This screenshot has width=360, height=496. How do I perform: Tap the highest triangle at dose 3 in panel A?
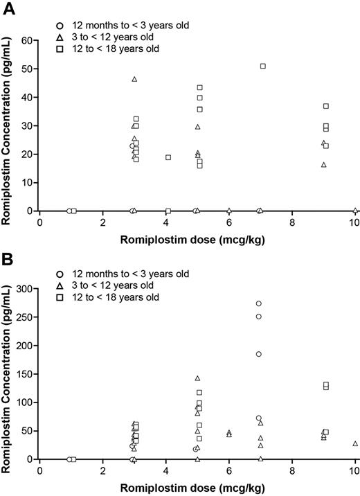coord(134,79)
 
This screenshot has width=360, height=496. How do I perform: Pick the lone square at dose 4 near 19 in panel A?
coord(168,157)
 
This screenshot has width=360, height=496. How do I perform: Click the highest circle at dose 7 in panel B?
coord(259,303)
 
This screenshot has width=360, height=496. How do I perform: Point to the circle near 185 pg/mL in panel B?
coord(259,354)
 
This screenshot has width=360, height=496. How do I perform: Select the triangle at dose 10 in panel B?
coord(355,443)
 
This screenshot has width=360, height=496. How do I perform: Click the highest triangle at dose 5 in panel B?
coord(197,378)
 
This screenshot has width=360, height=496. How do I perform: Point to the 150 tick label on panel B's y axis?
coord(24,374)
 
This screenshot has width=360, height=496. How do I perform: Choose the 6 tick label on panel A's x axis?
coord(229,222)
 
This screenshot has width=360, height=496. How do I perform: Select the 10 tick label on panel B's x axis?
coord(354,470)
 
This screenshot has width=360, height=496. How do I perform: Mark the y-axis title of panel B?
coord(8,374)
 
